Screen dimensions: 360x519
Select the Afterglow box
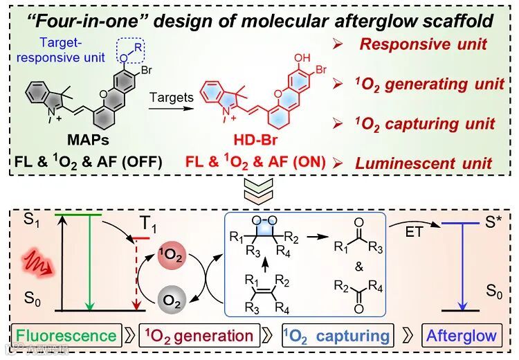pos(462,336)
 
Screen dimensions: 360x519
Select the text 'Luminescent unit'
pos(424,163)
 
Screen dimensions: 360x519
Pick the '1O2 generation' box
pos(198,336)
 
